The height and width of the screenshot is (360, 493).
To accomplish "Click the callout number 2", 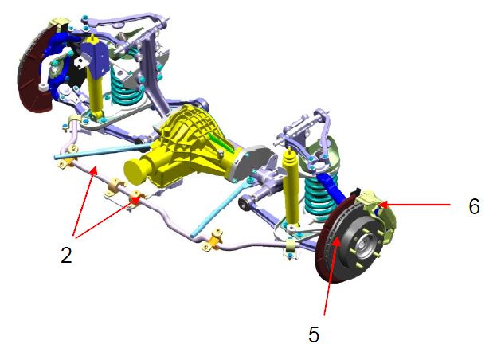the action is click(x=66, y=255).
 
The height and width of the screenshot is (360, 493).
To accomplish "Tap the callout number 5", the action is click(x=314, y=334).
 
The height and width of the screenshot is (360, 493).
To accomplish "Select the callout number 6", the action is click(x=474, y=206).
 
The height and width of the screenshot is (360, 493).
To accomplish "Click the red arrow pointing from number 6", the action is click(x=414, y=205).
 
